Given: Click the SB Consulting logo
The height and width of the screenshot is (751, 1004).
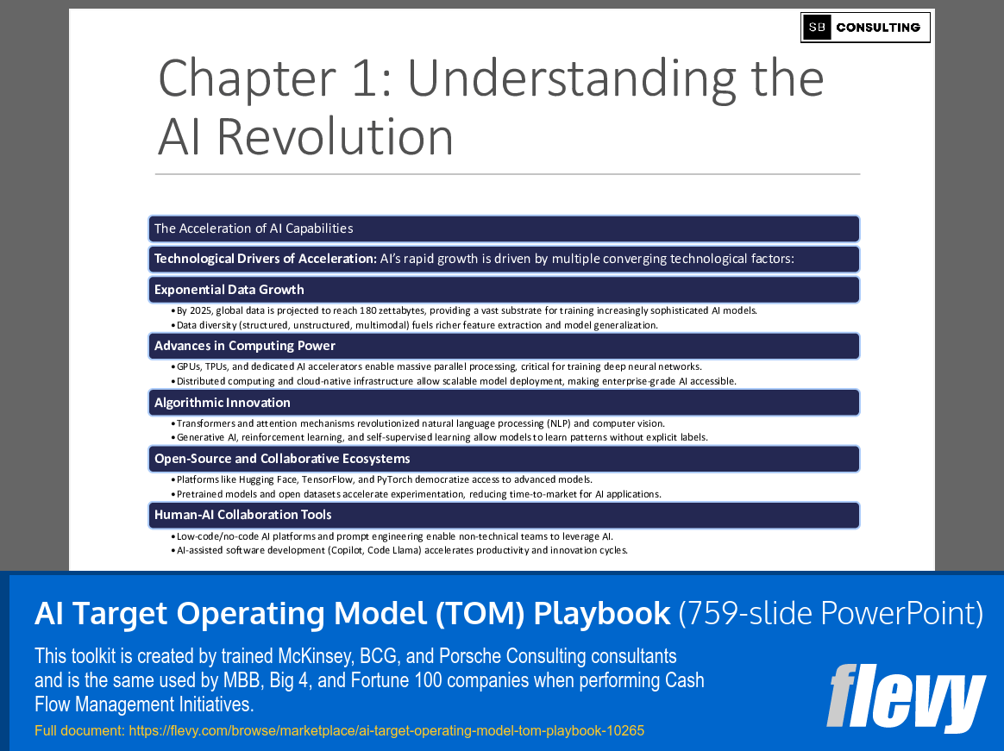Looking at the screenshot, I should tap(865, 28).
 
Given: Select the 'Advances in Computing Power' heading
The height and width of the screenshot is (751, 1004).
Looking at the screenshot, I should tap(245, 346).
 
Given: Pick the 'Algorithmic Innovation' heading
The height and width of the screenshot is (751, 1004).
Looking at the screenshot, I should tap(223, 403).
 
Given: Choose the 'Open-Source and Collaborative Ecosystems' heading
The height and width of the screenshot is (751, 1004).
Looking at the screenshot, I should tap(282, 459).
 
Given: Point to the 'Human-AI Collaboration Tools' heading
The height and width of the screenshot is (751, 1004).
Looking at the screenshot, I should tap(242, 515).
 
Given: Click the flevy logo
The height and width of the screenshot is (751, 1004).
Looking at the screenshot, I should tap(906, 697).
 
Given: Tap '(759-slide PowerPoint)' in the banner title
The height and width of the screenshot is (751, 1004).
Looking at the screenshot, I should tap(831, 613).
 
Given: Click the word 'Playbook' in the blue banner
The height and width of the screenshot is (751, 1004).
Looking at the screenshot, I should tap(602, 613).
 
